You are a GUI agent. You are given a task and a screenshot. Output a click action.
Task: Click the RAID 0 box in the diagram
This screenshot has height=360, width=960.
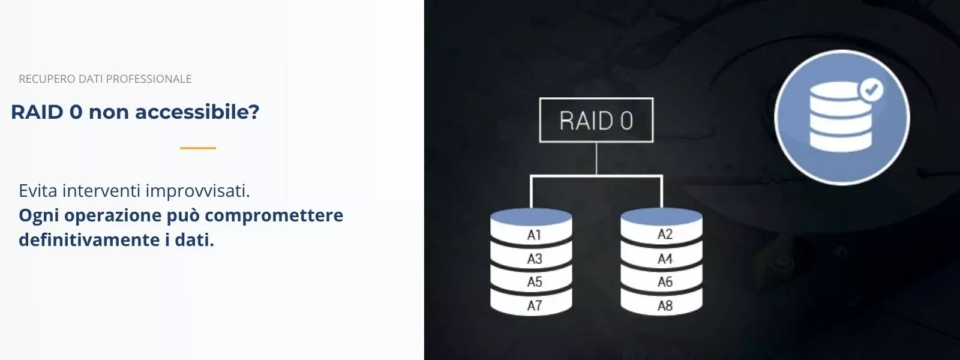(596, 121)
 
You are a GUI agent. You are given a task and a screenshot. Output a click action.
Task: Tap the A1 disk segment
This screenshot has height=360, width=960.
(532, 235)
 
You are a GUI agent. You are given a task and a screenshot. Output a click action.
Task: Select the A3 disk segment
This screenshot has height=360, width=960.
(532, 259)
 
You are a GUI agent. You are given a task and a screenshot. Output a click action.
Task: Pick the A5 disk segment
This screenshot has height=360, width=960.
(532, 282)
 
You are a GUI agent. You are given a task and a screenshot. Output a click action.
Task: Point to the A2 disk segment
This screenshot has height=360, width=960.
(662, 234)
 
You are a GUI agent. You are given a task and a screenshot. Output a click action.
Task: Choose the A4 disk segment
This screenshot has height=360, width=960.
(662, 259)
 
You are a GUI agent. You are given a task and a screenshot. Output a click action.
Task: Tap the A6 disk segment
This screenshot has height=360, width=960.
(662, 282)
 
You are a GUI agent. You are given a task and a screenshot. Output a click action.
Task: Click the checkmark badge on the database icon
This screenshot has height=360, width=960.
(871, 90)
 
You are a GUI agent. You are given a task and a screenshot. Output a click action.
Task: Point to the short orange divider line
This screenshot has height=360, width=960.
(198, 148)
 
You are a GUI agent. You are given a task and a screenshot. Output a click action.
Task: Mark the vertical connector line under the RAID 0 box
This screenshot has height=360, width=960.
(596, 158)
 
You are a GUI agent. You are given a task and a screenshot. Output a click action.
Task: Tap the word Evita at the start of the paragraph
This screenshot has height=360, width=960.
(38, 191)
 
